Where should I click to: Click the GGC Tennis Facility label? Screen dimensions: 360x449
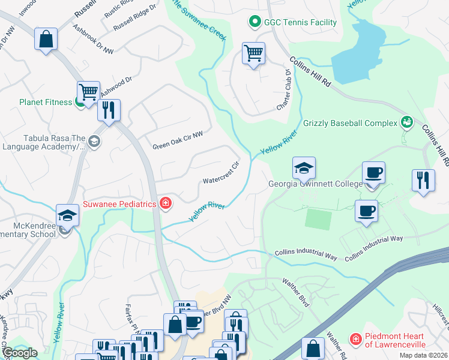coord(300,23)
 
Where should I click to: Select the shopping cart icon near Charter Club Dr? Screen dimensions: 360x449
coord(253,53)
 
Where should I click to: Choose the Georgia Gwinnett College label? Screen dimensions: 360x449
coord(315,184)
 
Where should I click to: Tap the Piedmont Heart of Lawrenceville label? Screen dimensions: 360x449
coord(396,340)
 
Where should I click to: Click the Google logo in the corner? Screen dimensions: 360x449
coord(19,353)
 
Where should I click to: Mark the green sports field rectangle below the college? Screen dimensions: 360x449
coord(318,219)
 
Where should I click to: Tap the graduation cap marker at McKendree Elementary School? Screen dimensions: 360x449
coord(67,215)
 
